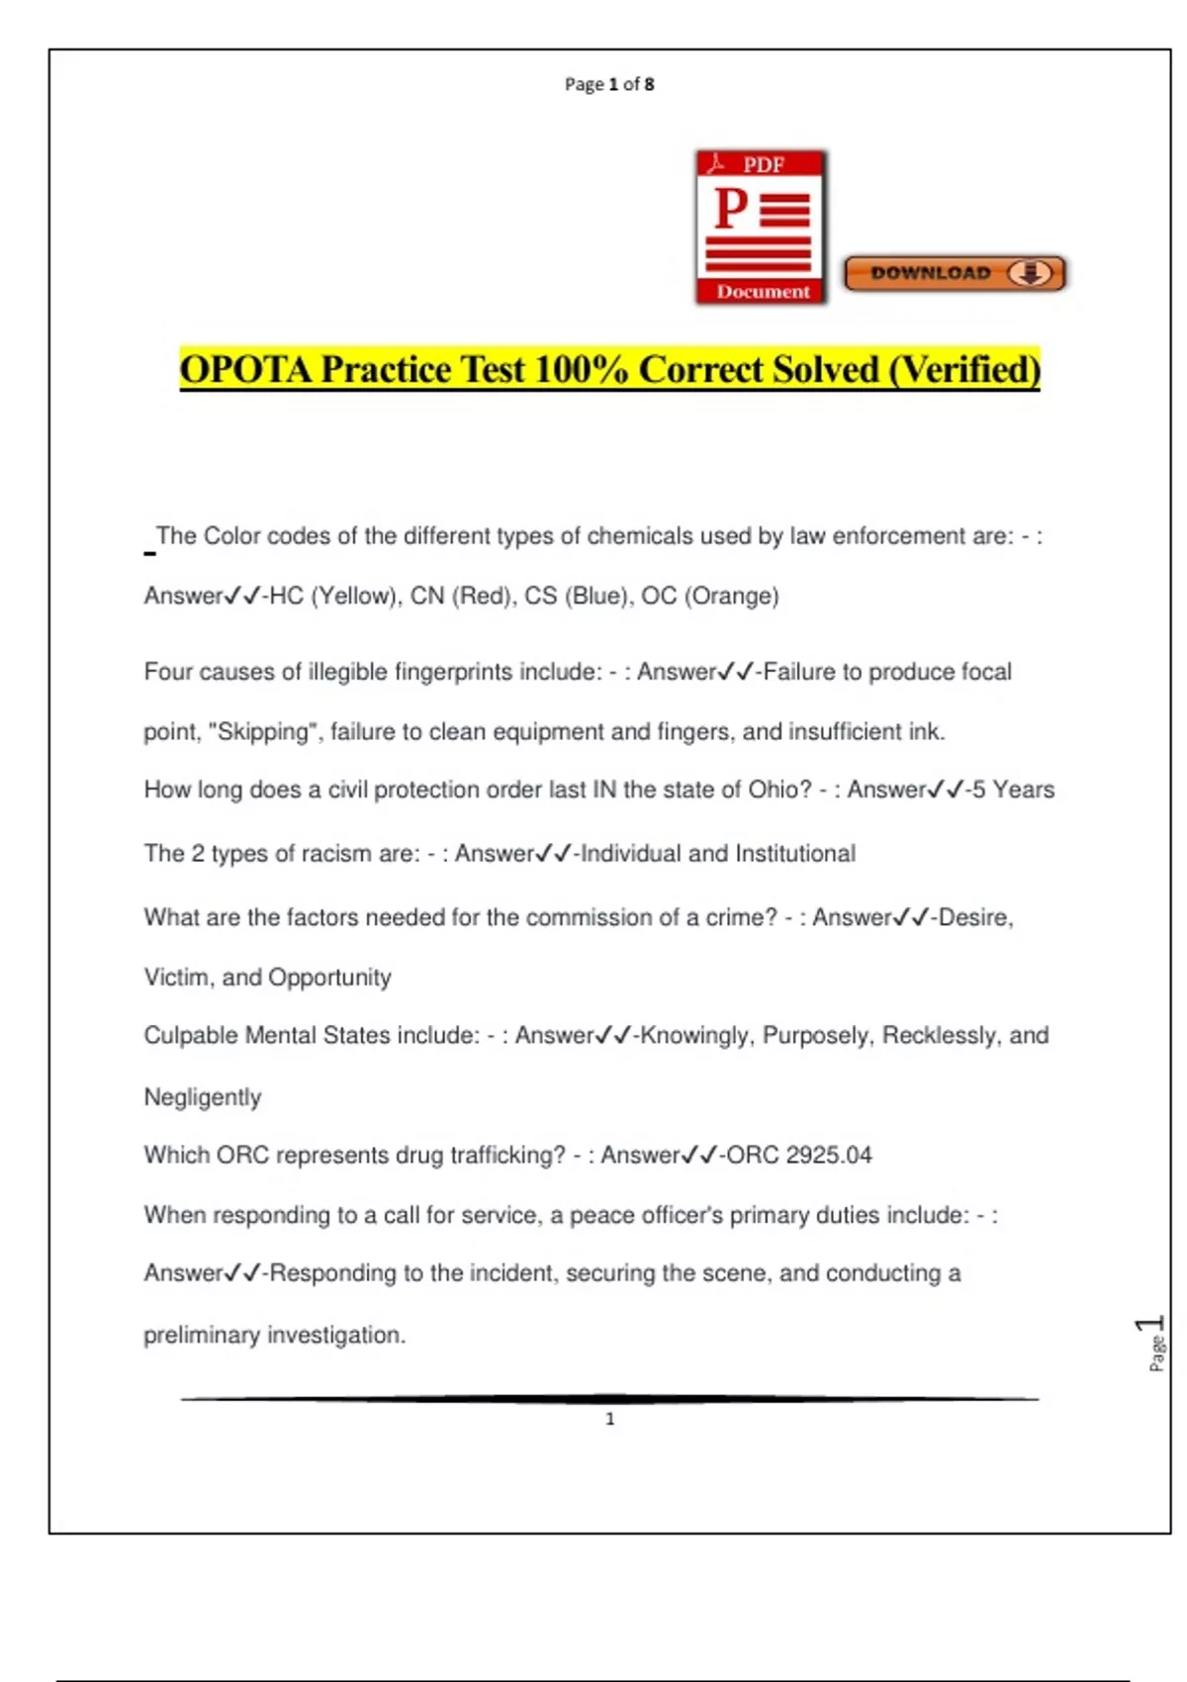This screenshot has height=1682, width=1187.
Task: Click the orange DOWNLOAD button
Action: [955, 273]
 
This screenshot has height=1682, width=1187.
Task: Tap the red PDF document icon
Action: [761, 228]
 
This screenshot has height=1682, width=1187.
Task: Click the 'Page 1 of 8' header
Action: [609, 84]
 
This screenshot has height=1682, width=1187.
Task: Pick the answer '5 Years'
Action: [1013, 790]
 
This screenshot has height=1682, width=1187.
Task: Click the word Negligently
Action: [203, 1097]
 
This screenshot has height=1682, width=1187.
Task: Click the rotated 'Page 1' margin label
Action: [1154, 1343]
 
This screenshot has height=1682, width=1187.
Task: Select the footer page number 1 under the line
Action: [609, 1419]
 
